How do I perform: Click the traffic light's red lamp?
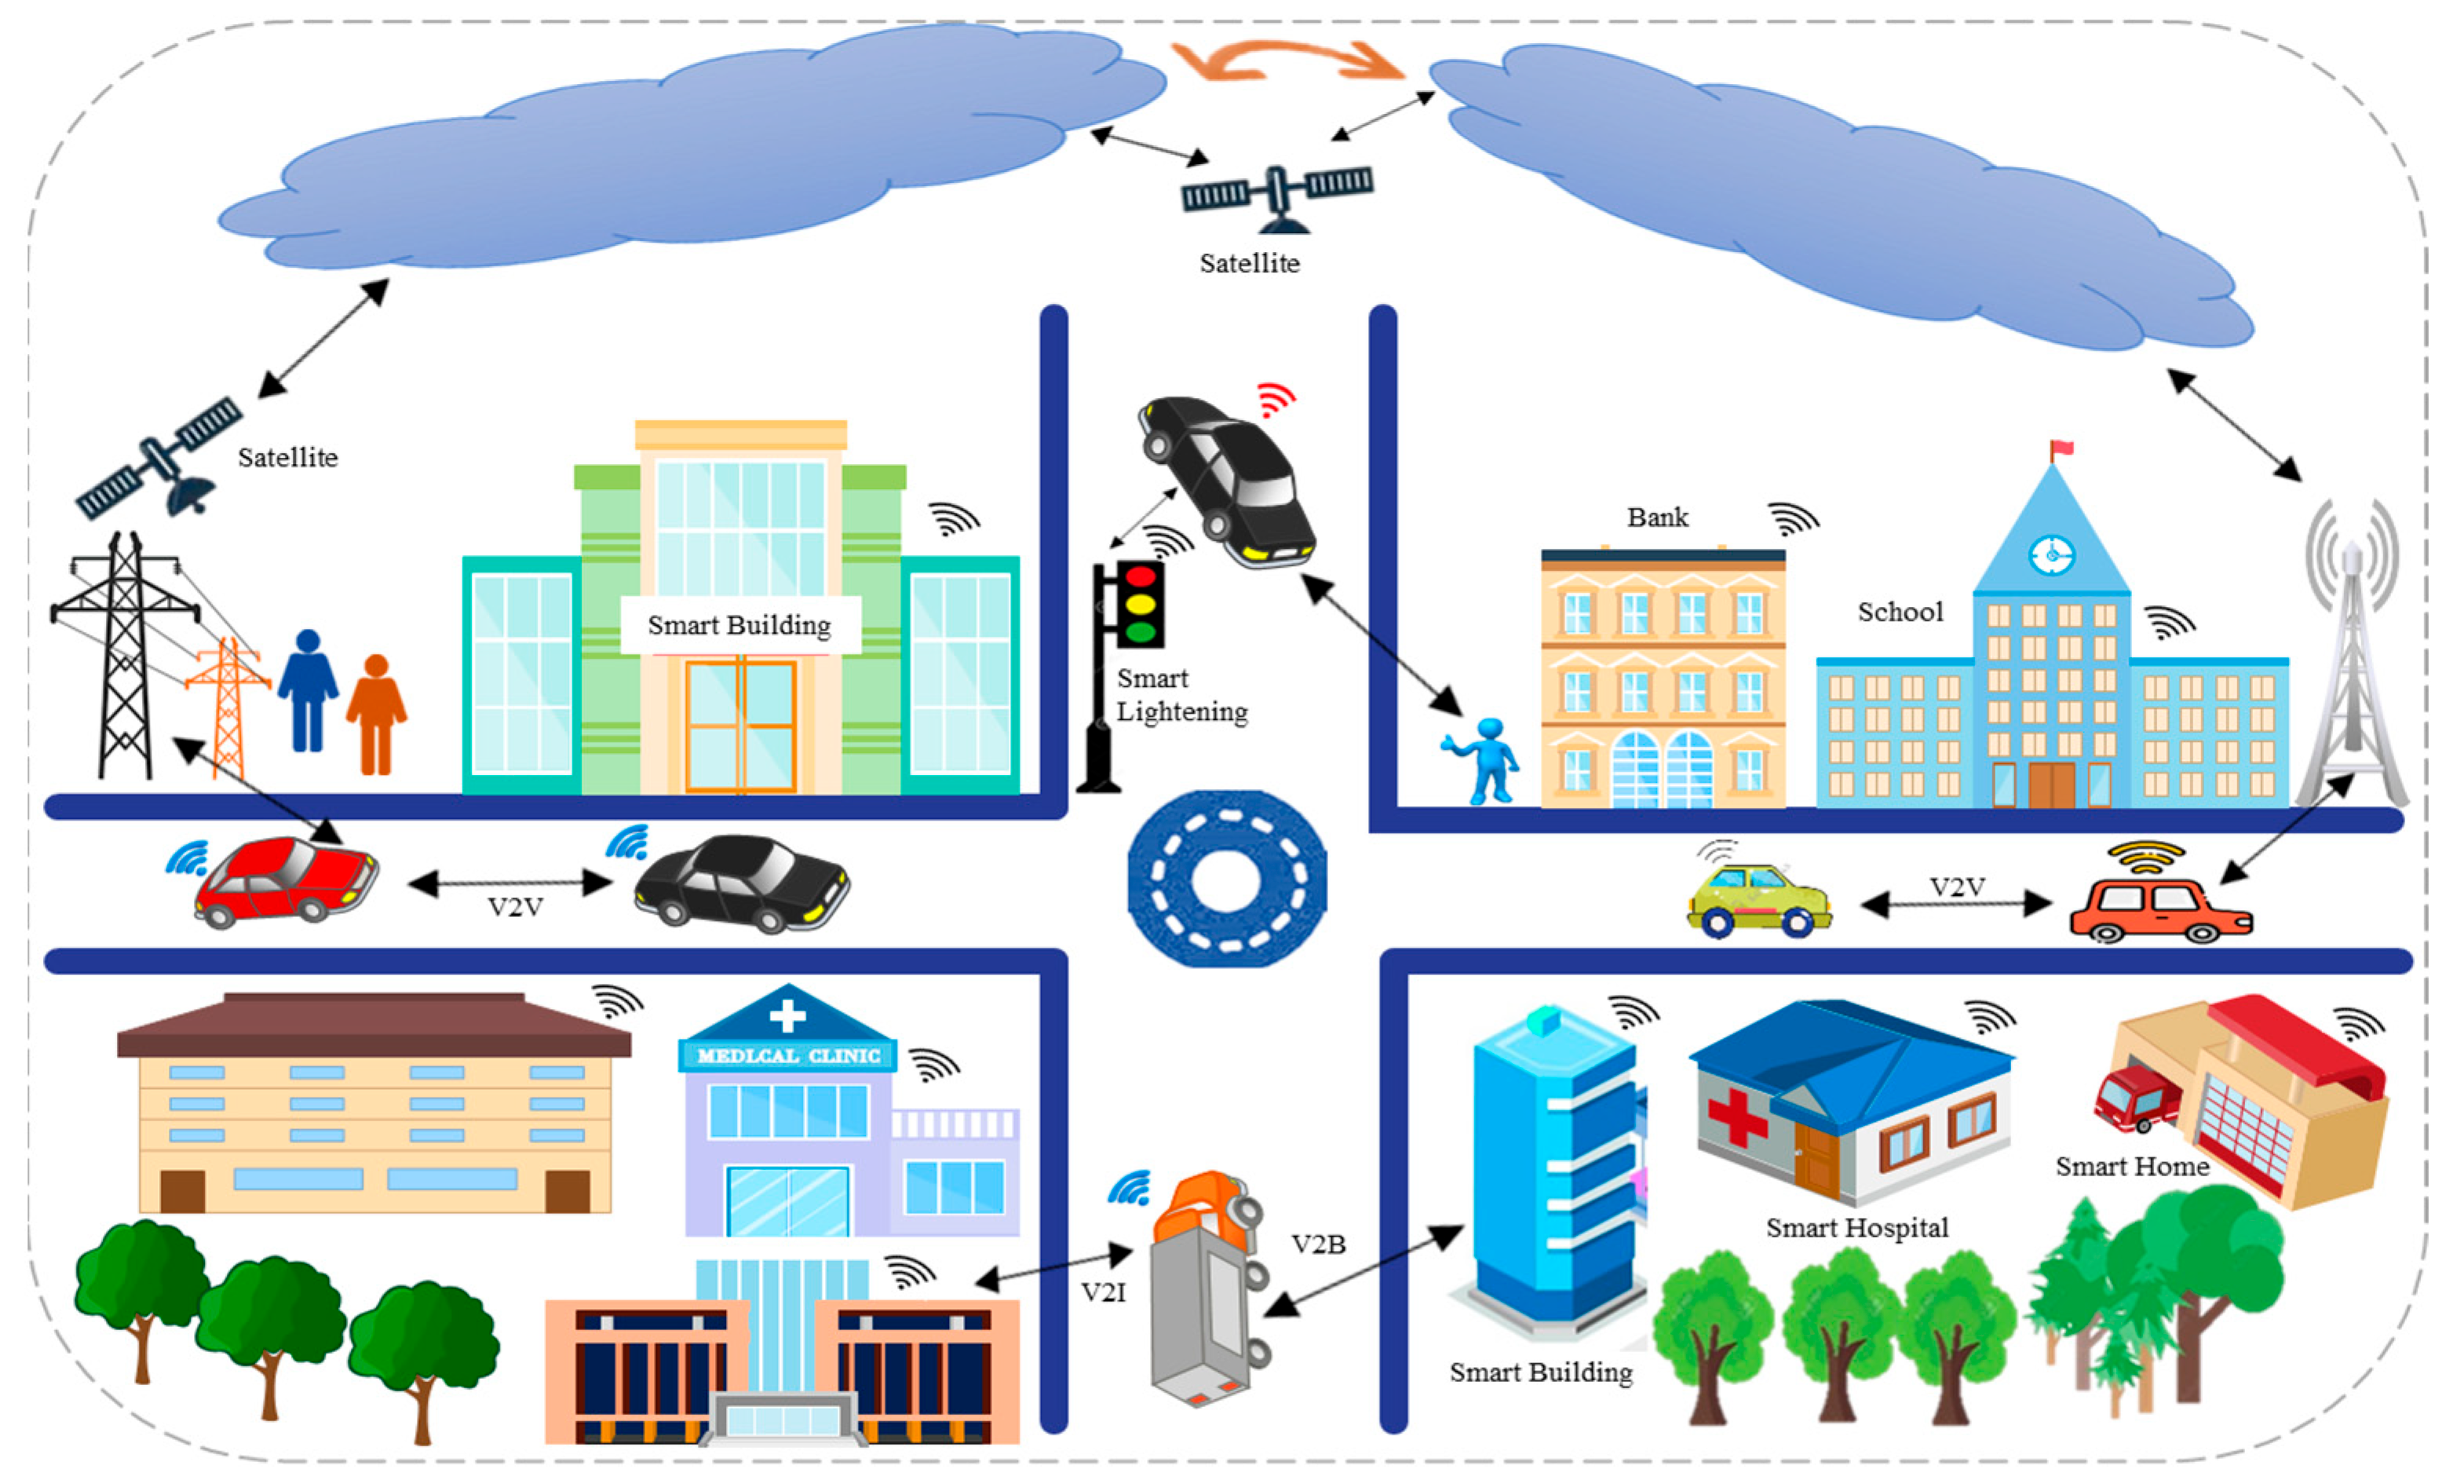click(1141, 575)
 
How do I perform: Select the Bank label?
click(1657, 517)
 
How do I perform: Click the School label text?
click(1900, 612)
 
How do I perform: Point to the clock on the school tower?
click(2051, 553)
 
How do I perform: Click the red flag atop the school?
click(2063, 448)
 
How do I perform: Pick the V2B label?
click(1317, 1244)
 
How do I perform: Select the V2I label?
click(1103, 1292)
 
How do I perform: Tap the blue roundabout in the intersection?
click(1227, 879)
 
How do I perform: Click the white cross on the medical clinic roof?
click(787, 1014)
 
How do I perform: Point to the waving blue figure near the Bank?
click(1483, 759)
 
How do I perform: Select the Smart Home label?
click(2131, 1166)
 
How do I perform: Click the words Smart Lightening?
click(1181, 695)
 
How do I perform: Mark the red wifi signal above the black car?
click(1276, 398)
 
